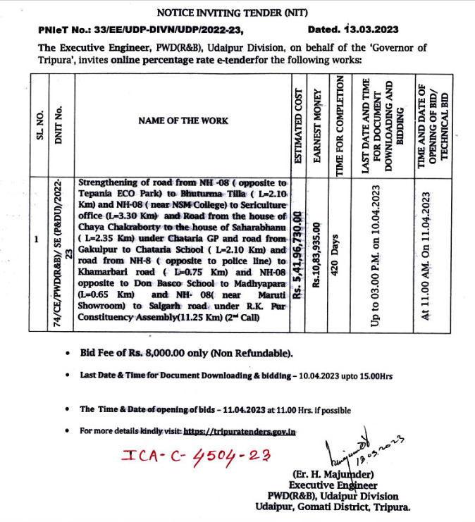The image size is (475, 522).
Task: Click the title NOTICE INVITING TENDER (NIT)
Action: [237, 12]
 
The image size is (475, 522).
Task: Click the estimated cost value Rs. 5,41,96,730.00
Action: [298, 257]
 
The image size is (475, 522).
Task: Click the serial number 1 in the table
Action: [36, 240]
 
